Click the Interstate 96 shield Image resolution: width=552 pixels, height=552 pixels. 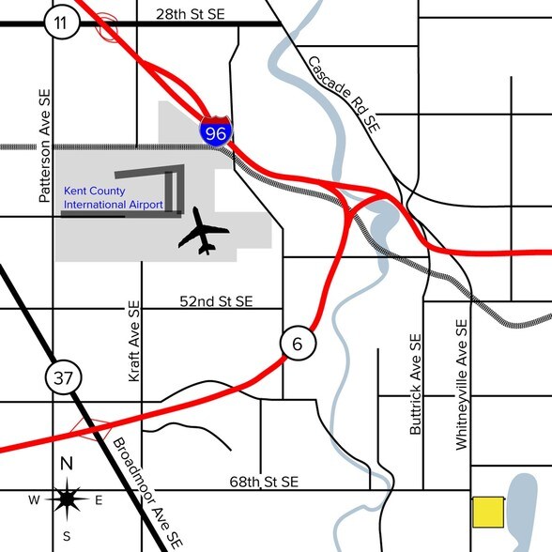tap(215, 132)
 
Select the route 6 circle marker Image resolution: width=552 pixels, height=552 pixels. tap(297, 344)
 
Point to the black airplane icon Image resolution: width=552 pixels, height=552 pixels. tap(202, 231)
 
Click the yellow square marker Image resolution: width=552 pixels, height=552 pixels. tap(486, 512)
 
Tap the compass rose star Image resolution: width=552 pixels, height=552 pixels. tap(67, 498)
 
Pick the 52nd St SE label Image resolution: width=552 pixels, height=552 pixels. tap(216, 301)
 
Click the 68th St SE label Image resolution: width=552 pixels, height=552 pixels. tap(263, 482)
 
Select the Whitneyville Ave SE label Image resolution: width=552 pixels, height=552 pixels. tap(461, 387)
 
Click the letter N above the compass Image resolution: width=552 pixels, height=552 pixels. tap(67, 463)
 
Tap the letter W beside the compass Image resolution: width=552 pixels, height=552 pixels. tap(34, 499)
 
